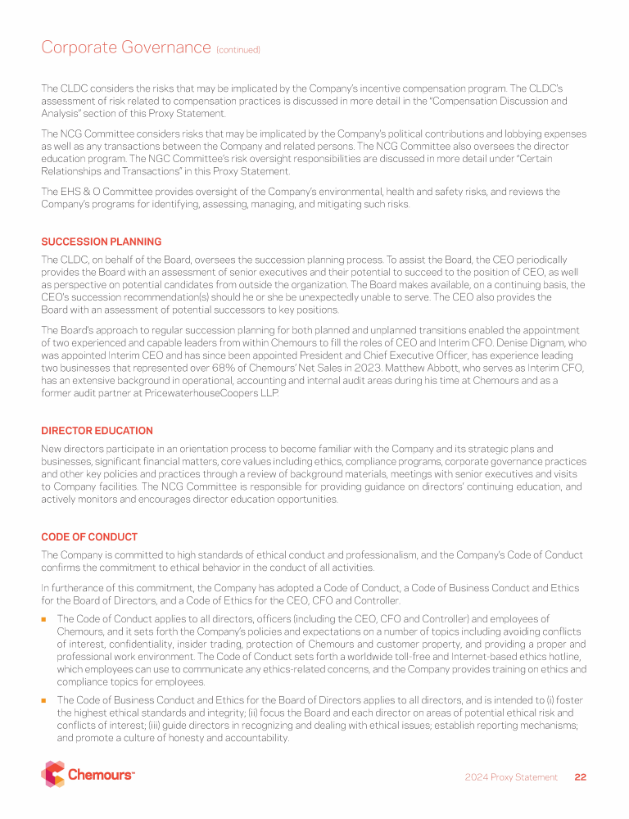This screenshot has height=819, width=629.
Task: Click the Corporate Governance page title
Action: [126, 48]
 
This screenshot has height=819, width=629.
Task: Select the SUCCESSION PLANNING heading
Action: [101, 242]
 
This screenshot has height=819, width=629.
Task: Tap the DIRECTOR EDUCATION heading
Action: [97, 431]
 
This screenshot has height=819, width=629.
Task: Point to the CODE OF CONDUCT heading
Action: [89, 537]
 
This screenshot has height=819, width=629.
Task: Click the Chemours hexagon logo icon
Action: [52, 774]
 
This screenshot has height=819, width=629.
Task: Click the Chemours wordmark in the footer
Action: [101, 775]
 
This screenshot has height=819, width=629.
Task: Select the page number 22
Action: [580, 777]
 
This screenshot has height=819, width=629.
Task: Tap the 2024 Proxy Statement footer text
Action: [510, 777]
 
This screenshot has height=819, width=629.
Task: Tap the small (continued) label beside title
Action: [238, 50]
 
